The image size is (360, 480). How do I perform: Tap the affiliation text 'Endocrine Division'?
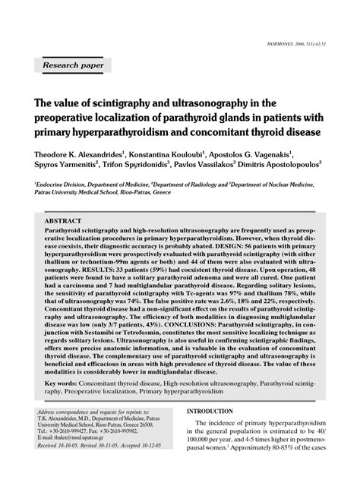[x=52, y=185]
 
